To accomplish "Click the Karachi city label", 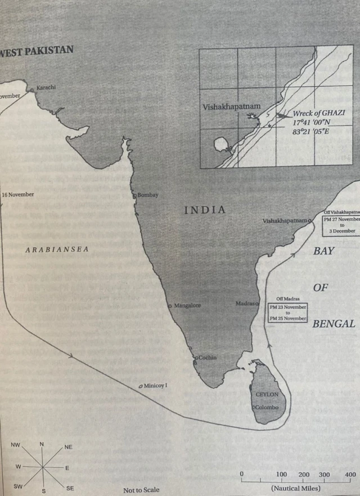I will click(46, 88).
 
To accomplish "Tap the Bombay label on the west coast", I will click(148, 195).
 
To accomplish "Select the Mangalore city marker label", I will click(187, 306).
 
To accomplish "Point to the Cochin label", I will click(208, 358).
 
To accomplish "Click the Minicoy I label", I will click(156, 386).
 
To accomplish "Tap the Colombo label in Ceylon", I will click(267, 406).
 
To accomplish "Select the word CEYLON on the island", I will click(267, 395).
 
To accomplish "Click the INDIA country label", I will click(205, 210).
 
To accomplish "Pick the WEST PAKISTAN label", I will click(37, 51).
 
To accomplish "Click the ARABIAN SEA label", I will click(57, 249).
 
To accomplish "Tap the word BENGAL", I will click(334, 324).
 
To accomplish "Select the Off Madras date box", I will click(287, 311).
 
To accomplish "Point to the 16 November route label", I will click(18, 195).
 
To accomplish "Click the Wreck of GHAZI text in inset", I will click(318, 113).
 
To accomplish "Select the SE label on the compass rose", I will click(70, 488).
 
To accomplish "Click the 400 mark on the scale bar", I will click(350, 474).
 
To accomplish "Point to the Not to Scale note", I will click(141, 490).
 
